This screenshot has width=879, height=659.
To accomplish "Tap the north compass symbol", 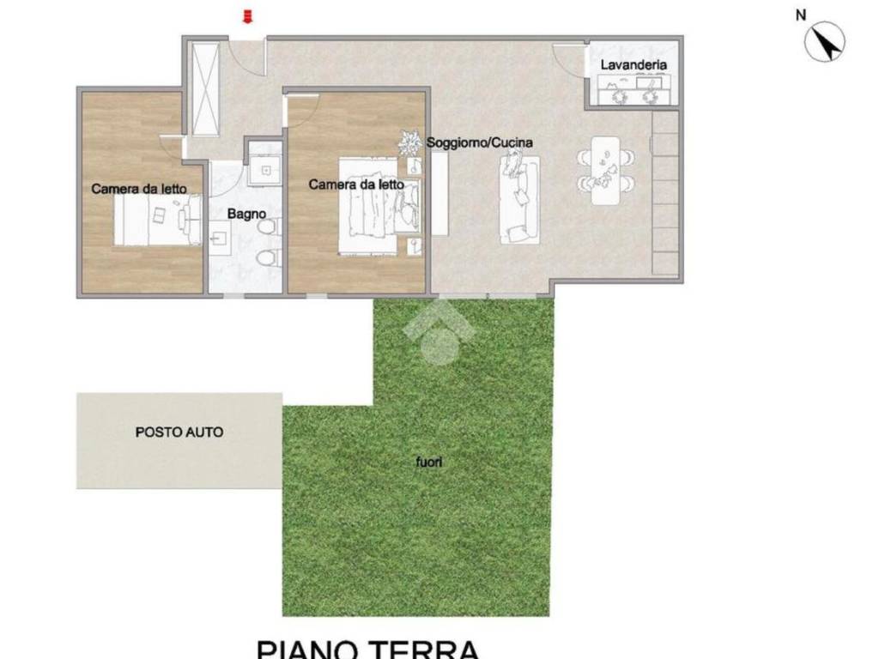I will point(824,41).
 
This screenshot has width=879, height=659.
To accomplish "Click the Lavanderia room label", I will point(633,64).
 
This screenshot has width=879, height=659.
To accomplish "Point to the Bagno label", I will point(246,214).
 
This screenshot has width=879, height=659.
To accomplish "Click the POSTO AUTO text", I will point(179,432).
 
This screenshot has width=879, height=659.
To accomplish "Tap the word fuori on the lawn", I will point(428,463).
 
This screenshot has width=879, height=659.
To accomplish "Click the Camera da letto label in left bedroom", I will point(139,189).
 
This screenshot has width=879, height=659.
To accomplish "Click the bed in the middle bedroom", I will point(369,206).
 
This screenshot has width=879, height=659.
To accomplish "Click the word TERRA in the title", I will point(424,648).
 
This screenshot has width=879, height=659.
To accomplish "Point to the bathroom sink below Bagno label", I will point(219,236).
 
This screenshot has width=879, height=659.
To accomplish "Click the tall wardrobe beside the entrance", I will point(205,88).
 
